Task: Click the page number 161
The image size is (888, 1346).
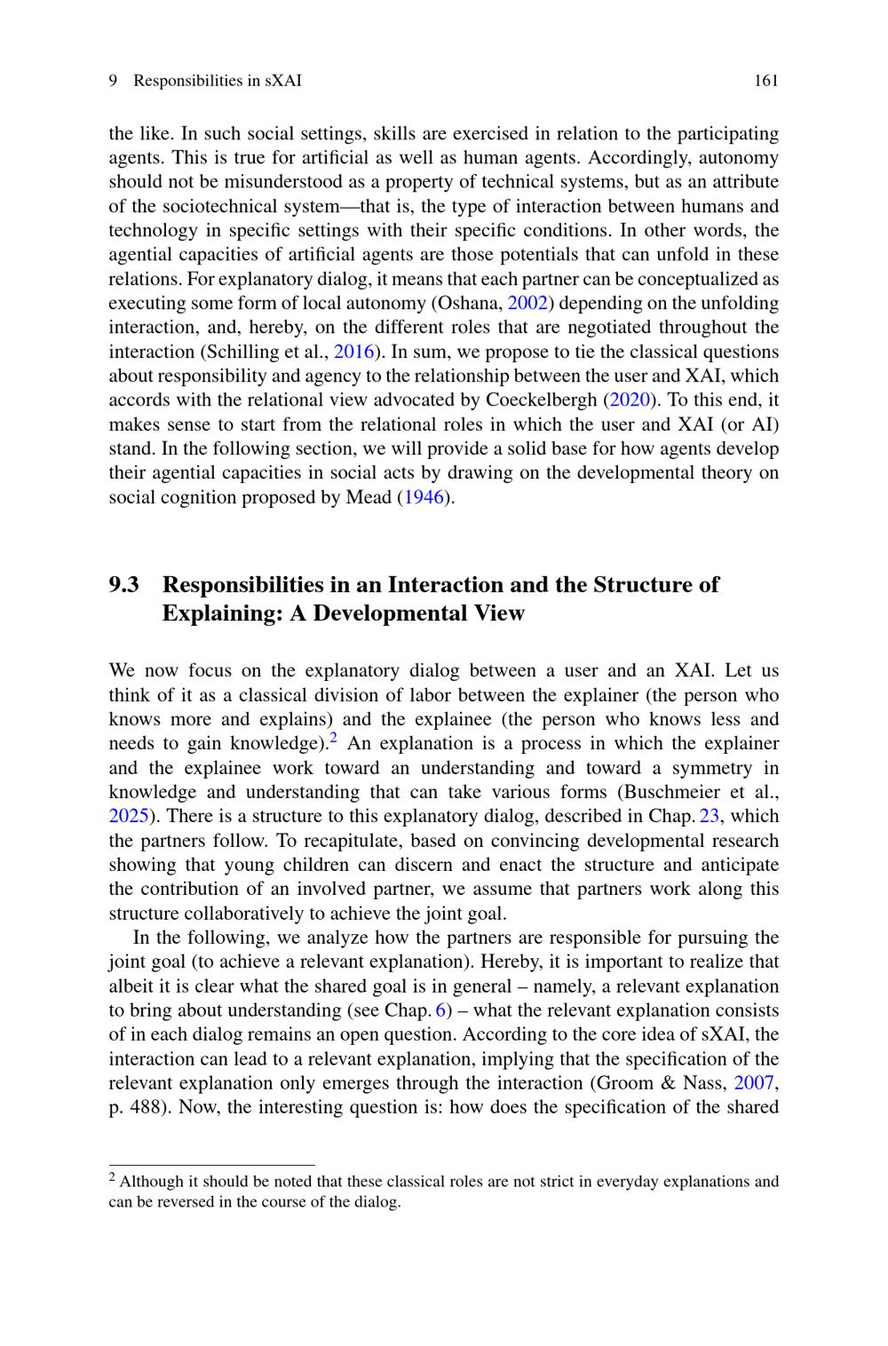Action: [x=765, y=81]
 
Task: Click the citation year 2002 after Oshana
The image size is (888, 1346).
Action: [x=527, y=304]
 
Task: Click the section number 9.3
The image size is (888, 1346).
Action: [x=124, y=585]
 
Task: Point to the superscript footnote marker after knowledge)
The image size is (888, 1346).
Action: [x=333, y=738]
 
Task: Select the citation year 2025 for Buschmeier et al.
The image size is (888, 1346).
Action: [x=128, y=817]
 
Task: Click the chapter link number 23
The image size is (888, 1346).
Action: [x=709, y=817]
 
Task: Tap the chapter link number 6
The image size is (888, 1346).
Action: [x=440, y=1010]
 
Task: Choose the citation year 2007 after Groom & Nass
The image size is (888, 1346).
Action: [x=754, y=1083]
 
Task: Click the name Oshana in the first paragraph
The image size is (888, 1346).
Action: [x=469, y=304]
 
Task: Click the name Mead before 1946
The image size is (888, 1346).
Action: [x=367, y=497]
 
